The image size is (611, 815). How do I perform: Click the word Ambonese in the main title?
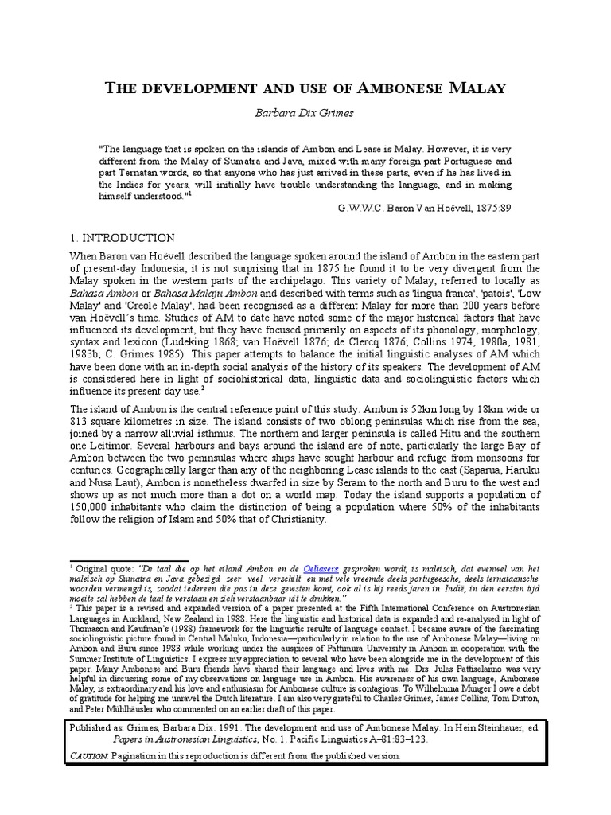[x=384, y=88]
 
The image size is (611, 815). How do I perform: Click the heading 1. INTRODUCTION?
[x=119, y=238]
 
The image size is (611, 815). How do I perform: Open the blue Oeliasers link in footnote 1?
[x=322, y=569]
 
